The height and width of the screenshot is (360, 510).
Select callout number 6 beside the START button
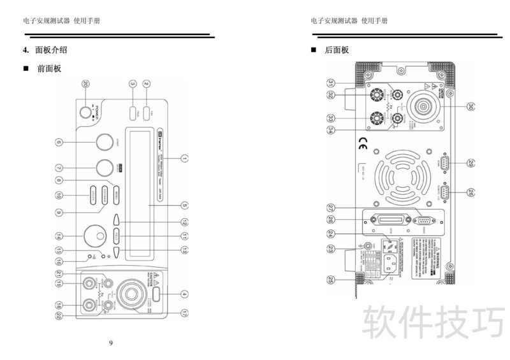tap(59, 143)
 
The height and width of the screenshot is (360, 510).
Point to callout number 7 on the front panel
tap(59, 169)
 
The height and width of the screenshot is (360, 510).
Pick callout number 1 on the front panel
tap(184, 157)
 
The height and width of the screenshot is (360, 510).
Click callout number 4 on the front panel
tap(184, 294)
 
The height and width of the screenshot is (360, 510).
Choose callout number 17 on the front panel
tap(184, 313)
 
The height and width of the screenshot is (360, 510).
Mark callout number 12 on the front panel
tap(184, 222)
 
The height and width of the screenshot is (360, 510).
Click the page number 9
tap(111, 343)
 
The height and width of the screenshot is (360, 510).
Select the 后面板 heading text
tap(337, 50)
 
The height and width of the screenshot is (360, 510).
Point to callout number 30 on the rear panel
tap(471, 107)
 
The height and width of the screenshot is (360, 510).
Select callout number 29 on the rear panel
tap(471, 162)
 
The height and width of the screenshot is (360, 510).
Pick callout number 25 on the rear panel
tap(331, 278)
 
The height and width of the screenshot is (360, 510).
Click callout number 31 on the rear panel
tap(331, 83)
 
